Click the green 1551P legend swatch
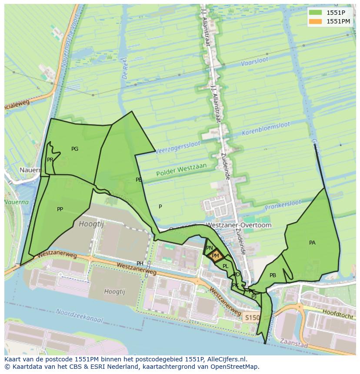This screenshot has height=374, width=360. [316, 12]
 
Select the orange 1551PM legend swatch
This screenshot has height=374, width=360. [316, 21]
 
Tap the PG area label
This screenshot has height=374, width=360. [75, 149]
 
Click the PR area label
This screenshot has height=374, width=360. [50, 160]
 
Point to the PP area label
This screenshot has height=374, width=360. [60, 209]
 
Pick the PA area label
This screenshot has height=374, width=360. [312, 243]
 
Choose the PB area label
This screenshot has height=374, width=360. [273, 275]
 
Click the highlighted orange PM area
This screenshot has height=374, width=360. [215, 256]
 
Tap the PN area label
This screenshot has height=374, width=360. [209, 248]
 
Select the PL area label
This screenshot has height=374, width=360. [225, 266]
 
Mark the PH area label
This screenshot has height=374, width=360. [140, 264]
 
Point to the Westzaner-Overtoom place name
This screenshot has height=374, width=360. [238, 225]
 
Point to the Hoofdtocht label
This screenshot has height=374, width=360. [338, 314]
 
